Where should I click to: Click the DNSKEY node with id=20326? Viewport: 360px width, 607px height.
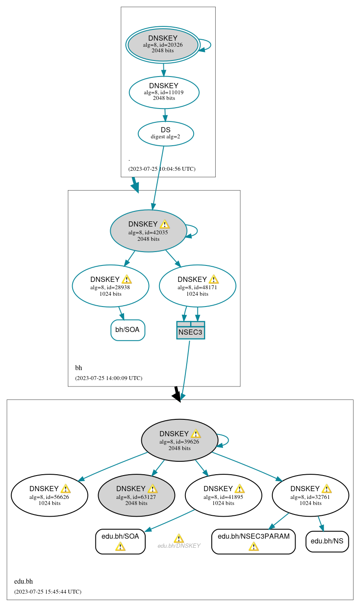tap(162, 45)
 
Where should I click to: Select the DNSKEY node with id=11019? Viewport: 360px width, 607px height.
tap(164, 92)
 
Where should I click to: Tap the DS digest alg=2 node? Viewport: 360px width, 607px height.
tap(166, 133)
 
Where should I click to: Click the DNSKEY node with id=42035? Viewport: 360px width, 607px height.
tap(148, 231)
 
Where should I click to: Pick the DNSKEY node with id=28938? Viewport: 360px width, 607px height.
tap(110, 286)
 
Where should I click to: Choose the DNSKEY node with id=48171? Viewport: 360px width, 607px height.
tap(198, 286)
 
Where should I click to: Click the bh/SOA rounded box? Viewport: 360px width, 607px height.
tap(127, 330)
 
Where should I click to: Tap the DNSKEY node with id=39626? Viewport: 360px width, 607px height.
tap(179, 440)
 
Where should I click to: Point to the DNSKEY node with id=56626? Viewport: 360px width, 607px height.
tap(49, 495)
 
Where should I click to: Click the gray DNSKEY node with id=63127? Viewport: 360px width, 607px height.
tap(136, 495)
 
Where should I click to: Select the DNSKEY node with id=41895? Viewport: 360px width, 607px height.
tap(223, 495)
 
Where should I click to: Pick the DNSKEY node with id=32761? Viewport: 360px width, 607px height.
tap(310, 495)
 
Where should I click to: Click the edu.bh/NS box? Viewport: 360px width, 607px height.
tap(327, 541)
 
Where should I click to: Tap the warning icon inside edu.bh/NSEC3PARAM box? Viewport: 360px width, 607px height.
tap(254, 546)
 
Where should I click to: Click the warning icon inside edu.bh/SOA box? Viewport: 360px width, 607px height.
tap(120, 546)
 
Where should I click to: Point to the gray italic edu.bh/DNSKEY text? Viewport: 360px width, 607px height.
tap(179, 546)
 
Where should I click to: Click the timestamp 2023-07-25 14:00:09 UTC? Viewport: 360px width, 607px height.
tap(108, 378)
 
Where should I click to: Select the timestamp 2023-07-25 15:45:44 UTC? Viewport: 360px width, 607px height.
tap(48, 591)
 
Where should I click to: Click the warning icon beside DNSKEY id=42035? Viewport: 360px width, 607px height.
tap(165, 224)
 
